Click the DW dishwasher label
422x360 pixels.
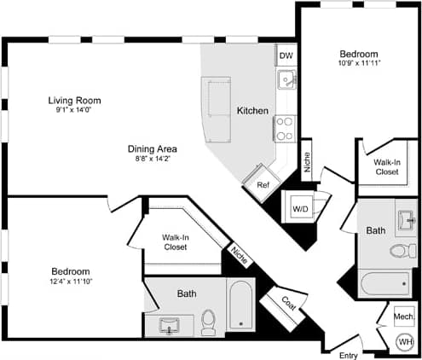pyautogui.click(x=286, y=55)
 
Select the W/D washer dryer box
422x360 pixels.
pyautogui.click(x=300, y=207)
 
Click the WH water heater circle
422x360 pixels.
pyautogui.click(x=404, y=342)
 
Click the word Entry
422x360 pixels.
pyautogui.click(x=349, y=354)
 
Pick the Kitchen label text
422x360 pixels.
pyautogui.click(x=252, y=112)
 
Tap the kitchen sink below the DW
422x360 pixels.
pyautogui.click(x=286, y=81)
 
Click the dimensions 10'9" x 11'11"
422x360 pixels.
pyautogui.click(x=358, y=62)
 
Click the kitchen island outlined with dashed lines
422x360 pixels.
pyautogui.click(x=217, y=111)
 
